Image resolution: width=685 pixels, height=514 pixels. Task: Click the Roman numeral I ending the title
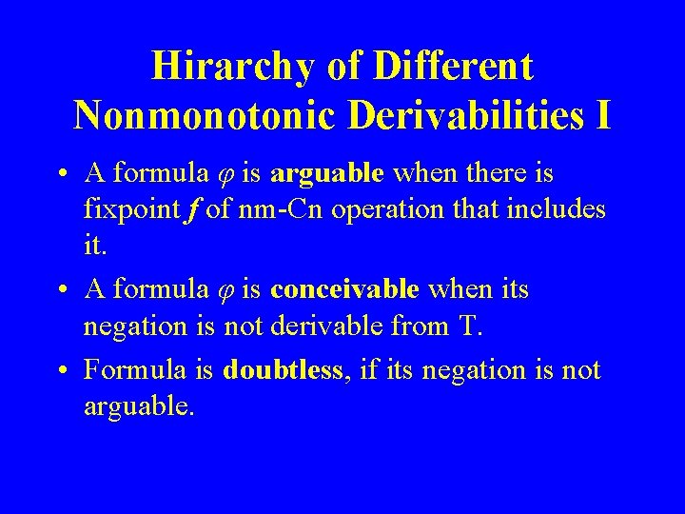(x=602, y=116)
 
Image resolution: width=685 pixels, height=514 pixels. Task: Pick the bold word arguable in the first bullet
(x=326, y=174)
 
